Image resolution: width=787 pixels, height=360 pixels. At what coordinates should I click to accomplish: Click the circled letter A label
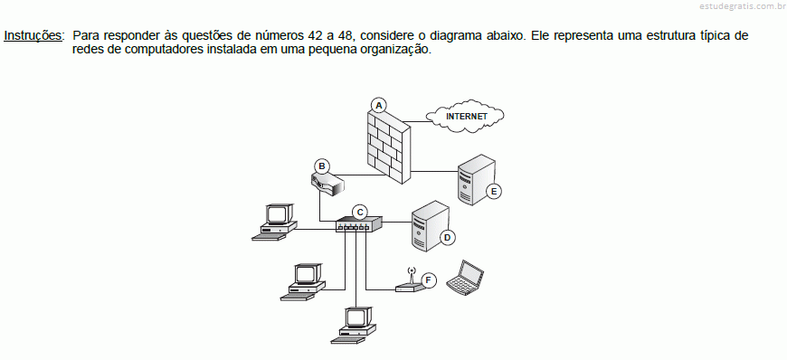click(x=379, y=105)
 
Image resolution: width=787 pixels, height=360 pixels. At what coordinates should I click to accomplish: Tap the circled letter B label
click(x=322, y=166)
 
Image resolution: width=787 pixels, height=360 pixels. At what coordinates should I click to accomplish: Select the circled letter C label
click(x=360, y=212)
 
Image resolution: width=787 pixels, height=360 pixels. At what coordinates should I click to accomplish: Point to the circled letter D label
click(x=447, y=237)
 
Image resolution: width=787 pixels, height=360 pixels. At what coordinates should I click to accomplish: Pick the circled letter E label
click(x=494, y=191)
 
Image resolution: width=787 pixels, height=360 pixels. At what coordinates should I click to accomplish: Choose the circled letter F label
click(x=428, y=280)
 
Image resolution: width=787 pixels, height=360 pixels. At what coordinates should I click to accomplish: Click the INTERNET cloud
click(x=465, y=117)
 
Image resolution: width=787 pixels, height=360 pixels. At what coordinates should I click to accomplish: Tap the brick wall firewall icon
click(x=388, y=146)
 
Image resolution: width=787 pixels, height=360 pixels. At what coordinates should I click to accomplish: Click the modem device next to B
click(x=327, y=184)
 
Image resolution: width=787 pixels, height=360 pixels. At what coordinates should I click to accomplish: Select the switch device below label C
click(x=359, y=224)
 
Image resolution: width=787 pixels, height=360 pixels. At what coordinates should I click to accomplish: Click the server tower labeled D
click(x=429, y=225)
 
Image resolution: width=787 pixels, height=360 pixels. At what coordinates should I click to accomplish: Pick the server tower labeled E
click(x=477, y=179)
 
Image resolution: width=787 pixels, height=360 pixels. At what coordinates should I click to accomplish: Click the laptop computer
click(x=465, y=277)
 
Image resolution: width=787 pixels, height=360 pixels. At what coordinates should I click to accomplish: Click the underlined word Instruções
click(x=34, y=36)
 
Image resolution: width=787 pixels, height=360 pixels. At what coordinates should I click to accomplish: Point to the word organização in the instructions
click(x=399, y=51)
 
